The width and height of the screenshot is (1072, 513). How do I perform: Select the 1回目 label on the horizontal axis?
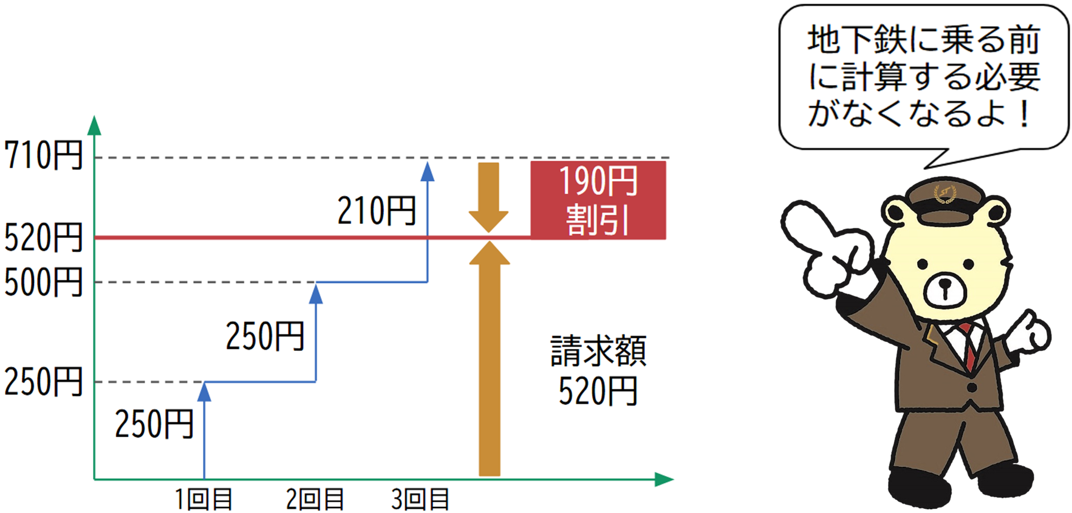pyautogui.click(x=204, y=500)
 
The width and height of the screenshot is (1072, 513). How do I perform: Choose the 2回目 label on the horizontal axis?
pyautogui.click(x=315, y=500)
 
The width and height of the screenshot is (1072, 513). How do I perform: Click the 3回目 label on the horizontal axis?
pyautogui.click(x=420, y=500)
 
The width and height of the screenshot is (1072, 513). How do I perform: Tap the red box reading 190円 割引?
pyautogui.click(x=598, y=200)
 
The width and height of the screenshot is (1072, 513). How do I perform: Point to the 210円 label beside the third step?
pyautogui.click(x=377, y=211)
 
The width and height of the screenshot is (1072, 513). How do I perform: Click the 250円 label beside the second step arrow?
pyautogui.click(x=265, y=336)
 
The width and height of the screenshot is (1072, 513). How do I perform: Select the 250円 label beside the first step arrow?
pyautogui.click(x=154, y=424)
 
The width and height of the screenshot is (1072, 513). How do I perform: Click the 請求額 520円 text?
pyautogui.click(x=598, y=371)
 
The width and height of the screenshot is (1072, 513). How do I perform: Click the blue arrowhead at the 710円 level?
pyautogui.click(x=428, y=172)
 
